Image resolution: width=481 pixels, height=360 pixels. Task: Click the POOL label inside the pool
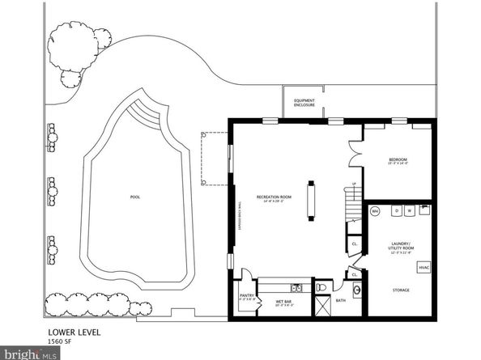[x=134, y=197]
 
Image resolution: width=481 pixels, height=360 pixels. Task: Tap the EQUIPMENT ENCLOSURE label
[x=304, y=103]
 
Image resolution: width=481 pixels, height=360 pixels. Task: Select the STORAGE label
[x=400, y=290]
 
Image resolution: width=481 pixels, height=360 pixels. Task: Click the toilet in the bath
[x=321, y=286]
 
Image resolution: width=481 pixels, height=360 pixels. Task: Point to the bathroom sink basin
[x=356, y=291]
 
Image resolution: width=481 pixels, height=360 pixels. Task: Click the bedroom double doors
[x=354, y=154]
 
